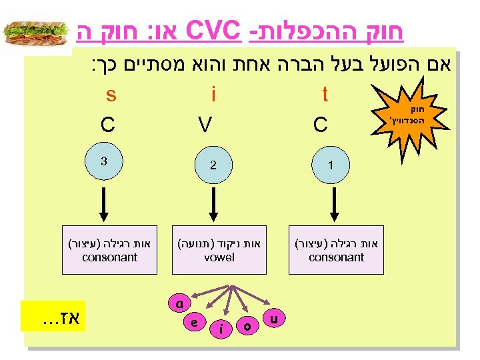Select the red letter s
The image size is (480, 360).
coord(111,95)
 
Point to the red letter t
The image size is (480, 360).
coord(325,95)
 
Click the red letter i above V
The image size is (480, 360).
coord(212,95)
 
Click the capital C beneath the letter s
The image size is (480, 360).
coord(107,125)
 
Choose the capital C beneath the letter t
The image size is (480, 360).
coord(321,125)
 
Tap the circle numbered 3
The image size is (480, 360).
coord(104,162)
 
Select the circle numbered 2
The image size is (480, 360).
coord(212,165)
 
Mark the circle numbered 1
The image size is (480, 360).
coord(332,165)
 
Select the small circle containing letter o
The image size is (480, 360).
coord(247,326)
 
